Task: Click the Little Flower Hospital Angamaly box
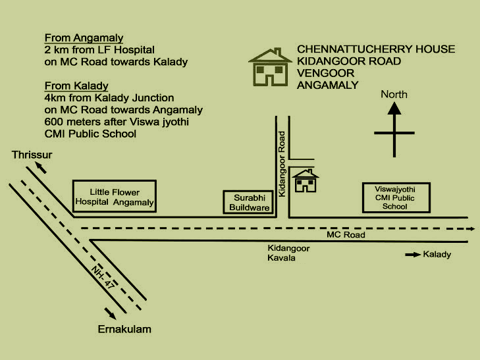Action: (x=114, y=196)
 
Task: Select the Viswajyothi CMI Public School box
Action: (x=398, y=197)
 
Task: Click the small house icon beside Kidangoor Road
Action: (x=305, y=180)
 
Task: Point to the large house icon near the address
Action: (x=269, y=66)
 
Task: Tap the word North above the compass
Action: (x=394, y=94)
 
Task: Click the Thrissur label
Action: (x=31, y=155)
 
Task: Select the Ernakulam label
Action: (x=124, y=328)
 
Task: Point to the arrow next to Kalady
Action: (x=412, y=254)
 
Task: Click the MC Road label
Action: (x=346, y=235)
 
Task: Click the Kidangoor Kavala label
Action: (x=288, y=253)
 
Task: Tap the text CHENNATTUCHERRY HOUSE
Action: (x=376, y=49)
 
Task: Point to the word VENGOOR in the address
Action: (x=322, y=73)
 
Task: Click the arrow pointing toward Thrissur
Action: (x=41, y=168)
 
